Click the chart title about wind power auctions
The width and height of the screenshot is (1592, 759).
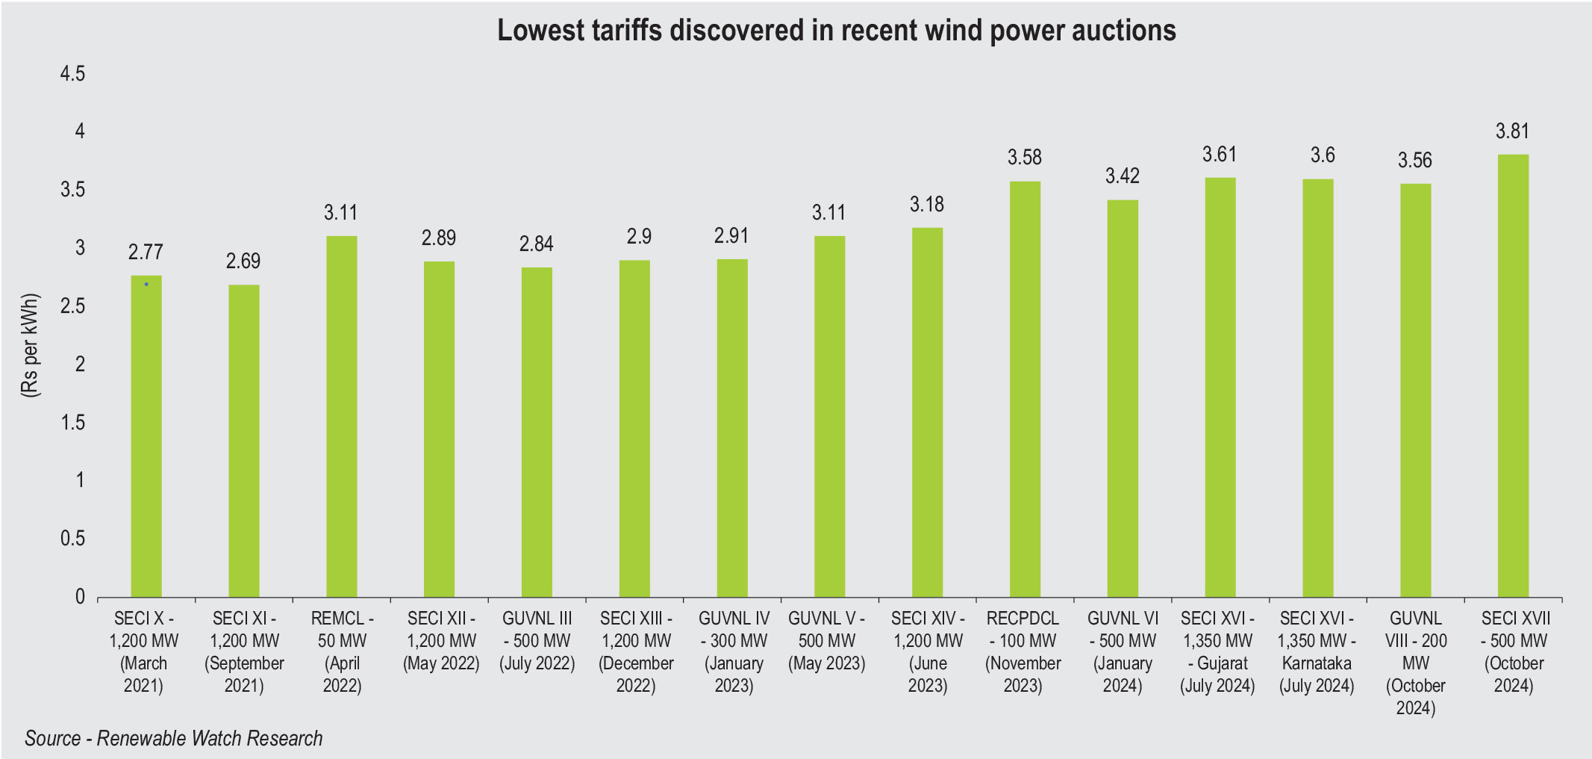[x=836, y=31]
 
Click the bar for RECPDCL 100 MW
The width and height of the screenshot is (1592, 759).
[x=1025, y=388]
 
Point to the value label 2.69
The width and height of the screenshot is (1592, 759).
[x=243, y=261]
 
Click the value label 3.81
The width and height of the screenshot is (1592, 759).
[x=1512, y=131]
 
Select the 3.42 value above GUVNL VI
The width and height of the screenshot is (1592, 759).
[x=1122, y=176]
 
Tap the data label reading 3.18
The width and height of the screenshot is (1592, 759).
[x=926, y=204]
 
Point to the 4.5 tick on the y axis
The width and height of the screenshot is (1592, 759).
[x=73, y=73]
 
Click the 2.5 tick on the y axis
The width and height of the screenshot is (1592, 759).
[x=73, y=306]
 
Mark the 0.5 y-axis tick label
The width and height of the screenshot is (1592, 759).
[x=73, y=539]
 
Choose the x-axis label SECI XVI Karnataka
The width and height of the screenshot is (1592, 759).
[x=1317, y=651]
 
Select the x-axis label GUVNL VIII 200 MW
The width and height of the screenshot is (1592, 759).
[x=1415, y=663]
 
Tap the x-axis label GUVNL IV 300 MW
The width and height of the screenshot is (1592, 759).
[x=734, y=651]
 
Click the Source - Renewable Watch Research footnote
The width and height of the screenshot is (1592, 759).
[x=174, y=738]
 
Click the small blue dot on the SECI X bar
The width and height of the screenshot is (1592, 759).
[x=146, y=285]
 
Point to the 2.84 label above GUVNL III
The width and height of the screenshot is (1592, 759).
[x=536, y=244]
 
